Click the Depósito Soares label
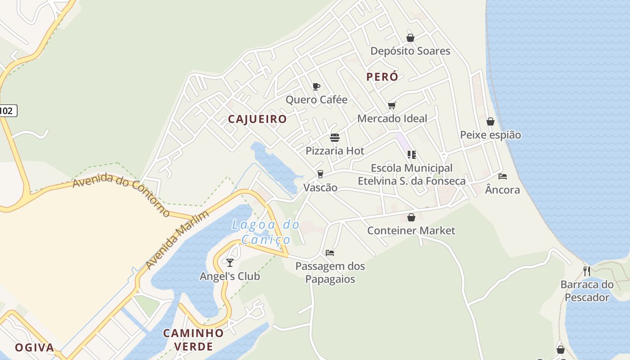coord(410,51)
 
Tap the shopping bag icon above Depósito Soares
coord(410,38)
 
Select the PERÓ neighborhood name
coord(382,77)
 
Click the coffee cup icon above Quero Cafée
coord(316,86)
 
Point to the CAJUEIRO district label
coord(257,119)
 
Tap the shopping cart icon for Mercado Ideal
coord(392,105)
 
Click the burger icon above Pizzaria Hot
coord(334,137)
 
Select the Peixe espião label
coord(490,135)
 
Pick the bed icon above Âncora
coord(502,176)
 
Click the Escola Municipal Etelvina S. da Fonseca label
coord(411,175)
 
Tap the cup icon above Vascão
coord(320,174)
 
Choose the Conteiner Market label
coord(411,231)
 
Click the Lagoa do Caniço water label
coord(266,232)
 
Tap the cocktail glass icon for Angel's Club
coord(230,262)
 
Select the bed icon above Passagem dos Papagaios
coord(330,253)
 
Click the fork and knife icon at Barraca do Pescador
coord(586,271)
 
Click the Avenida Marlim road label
coord(177,240)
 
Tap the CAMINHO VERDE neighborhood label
coord(193,340)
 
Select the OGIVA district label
coord(34,347)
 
